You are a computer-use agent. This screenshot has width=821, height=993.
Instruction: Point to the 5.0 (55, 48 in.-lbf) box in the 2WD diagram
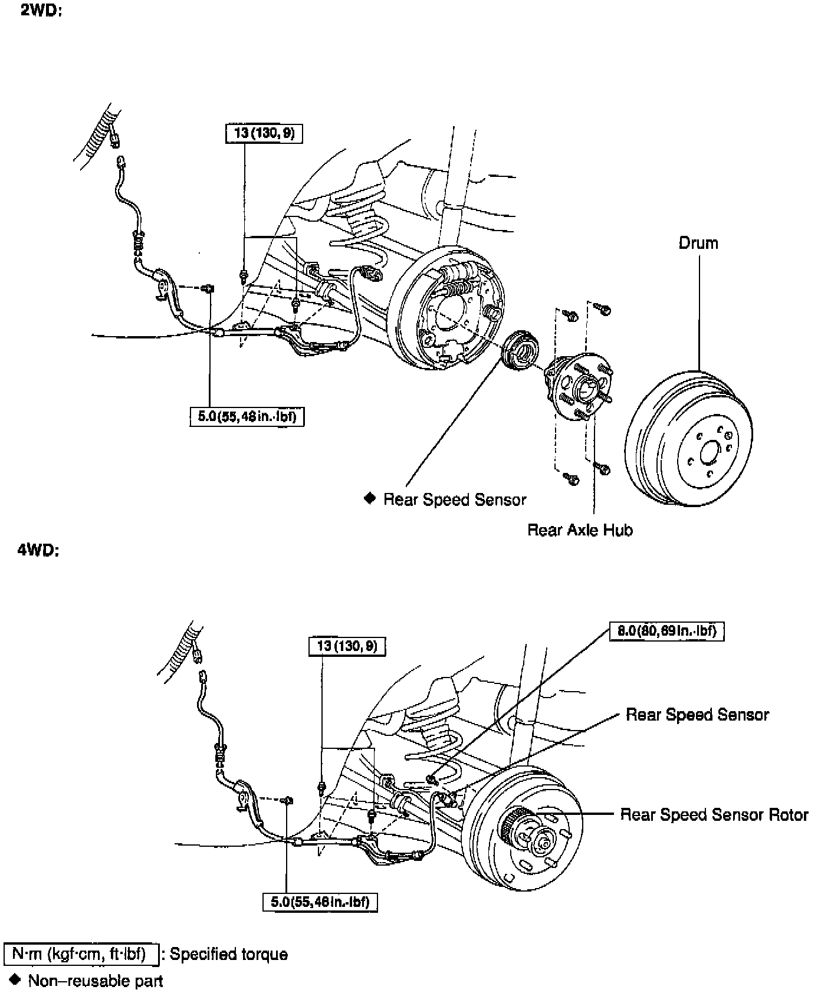point(247,417)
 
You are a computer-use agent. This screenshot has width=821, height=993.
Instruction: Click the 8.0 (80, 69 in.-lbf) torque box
point(666,631)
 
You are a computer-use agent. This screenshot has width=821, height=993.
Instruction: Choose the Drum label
point(698,243)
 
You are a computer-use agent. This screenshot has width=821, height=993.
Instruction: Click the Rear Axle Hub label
point(580,530)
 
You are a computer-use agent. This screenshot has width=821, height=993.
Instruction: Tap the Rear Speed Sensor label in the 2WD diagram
point(454,499)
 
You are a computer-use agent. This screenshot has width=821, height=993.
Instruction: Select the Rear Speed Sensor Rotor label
point(714,814)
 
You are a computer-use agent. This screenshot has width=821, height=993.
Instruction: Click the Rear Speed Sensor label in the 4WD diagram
point(697,715)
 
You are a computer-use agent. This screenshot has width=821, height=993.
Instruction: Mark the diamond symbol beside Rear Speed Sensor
point(370,499)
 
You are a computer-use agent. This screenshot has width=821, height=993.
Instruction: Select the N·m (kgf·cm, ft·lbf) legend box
point(81,954)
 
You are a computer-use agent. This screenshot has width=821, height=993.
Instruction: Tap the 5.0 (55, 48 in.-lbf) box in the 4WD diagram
point(320,902)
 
